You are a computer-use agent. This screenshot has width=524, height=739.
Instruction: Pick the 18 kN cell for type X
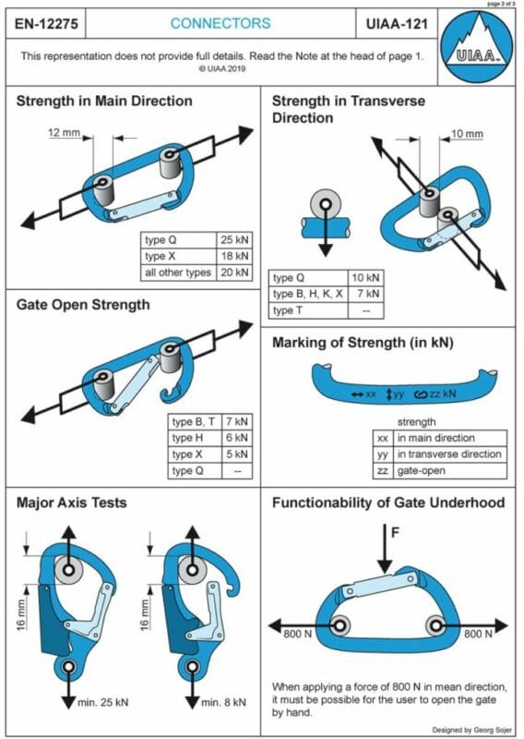[x=235, y=256]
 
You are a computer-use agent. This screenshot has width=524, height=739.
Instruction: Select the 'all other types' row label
[x=176, y=272]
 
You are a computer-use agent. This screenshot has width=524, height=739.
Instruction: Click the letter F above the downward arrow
[x=396, y=532]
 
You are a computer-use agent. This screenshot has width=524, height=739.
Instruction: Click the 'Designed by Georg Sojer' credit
[x=466, y=726]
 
